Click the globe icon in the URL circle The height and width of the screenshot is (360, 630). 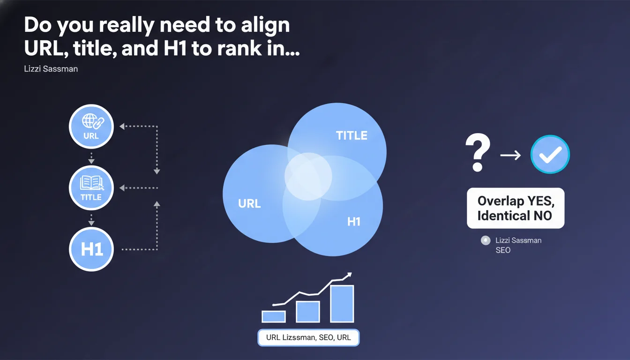90,120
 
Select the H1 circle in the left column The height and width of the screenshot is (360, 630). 91,249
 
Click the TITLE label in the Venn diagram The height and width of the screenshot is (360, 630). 352,135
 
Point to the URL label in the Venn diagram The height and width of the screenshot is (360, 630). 249,203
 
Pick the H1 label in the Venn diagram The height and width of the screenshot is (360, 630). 354,222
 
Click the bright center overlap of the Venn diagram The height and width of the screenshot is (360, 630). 308,177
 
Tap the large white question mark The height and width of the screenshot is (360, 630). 478,152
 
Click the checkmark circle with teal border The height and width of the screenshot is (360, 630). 550,154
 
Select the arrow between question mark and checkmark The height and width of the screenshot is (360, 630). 510,155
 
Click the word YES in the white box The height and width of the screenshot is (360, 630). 541,201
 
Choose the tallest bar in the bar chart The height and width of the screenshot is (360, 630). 342,304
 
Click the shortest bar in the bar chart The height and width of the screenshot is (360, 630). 274,316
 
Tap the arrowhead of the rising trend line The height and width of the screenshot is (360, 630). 349,275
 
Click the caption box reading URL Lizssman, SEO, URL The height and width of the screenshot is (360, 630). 308,337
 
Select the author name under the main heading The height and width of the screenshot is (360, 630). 51,69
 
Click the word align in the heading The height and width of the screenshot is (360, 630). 265,25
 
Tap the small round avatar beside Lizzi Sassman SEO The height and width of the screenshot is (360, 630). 486,240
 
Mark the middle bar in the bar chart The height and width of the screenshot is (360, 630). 308,312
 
